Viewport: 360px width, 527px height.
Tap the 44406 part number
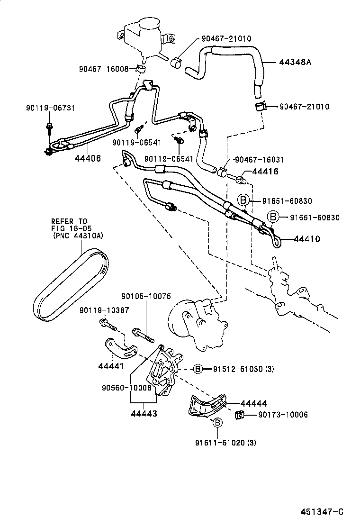pos(88,158)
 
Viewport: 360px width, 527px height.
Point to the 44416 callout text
pos(265,172)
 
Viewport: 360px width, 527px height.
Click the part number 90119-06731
pos(44,109)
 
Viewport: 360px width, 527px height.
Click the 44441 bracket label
pos(111,366)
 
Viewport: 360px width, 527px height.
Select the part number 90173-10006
pos(283,415)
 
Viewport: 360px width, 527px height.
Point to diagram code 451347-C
pos(321,512)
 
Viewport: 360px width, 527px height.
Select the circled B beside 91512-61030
pos(198,369)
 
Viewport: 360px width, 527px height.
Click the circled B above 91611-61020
pos(217,422)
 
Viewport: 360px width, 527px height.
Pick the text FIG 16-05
pos(70,228)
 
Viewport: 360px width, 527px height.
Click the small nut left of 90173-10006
pos(239,415)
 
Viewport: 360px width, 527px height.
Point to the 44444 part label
pos(253,403)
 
